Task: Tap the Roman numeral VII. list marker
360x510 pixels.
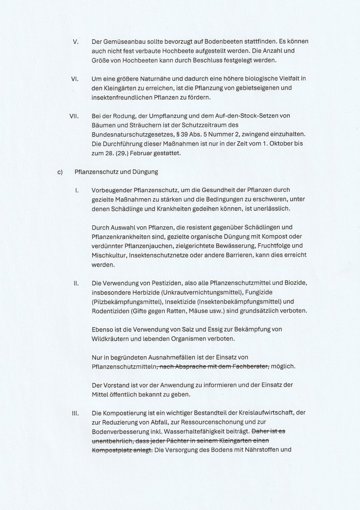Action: [74, 116]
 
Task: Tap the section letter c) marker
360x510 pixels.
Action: [60, 172]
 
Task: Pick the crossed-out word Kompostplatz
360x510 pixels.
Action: [111, 450]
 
